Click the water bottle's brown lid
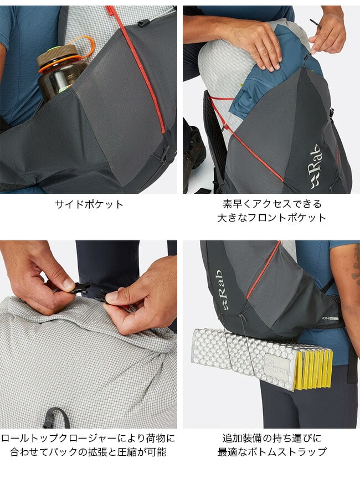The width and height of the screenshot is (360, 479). point(56,55)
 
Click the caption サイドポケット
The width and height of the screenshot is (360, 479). point(89,204)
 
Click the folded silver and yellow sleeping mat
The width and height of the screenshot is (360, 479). point(262,359)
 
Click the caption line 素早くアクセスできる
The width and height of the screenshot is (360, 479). point(272,204)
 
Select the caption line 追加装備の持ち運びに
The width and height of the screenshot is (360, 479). point(272,439)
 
